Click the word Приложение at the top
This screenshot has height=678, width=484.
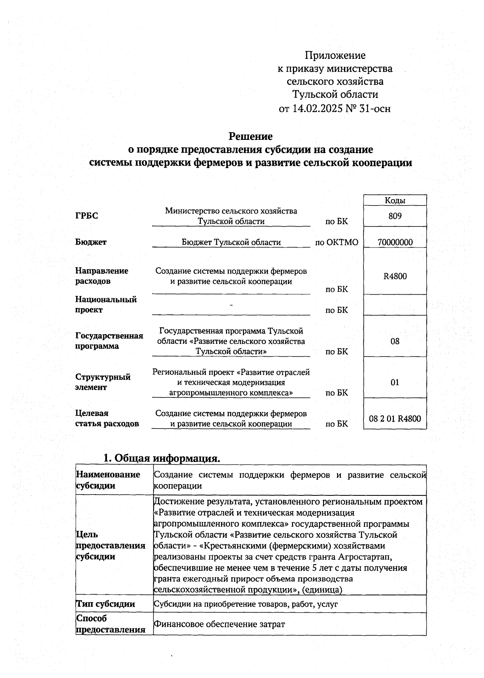335,55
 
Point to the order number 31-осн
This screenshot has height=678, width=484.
375,108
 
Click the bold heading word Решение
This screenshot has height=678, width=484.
250,136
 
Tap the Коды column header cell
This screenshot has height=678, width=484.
395,200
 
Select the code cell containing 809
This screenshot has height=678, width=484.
395,216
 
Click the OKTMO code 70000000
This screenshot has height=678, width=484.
395,242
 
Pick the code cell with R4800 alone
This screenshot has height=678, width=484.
395,276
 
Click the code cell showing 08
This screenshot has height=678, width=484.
395,341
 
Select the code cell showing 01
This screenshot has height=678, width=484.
395,382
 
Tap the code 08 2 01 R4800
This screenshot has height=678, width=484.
395,418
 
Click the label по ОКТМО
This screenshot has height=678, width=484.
336,242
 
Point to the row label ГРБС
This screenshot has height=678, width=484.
86,216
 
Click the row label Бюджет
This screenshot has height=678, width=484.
91,242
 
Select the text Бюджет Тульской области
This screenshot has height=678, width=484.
231,242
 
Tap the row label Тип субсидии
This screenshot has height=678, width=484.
105,604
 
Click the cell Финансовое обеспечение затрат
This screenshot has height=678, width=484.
219,624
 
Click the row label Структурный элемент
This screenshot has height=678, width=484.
103,382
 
